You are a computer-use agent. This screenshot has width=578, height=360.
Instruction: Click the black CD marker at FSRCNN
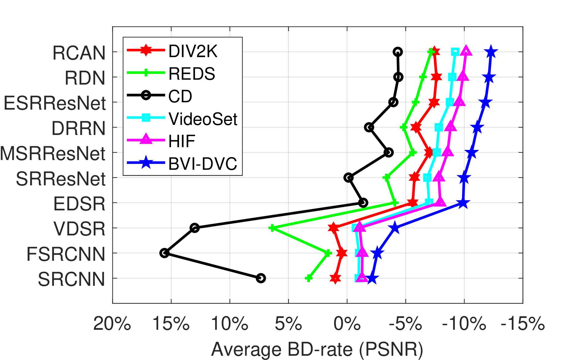pyautogui.click(x=164, y=253)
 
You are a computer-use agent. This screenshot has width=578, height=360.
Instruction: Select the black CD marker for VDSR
pyautogui.click(x=195, y=228)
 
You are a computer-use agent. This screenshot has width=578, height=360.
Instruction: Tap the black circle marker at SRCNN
pyautogui.click(x=261, y=278)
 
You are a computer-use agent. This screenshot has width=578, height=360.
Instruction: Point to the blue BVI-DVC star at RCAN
pyautogui.click(x=491, y=52)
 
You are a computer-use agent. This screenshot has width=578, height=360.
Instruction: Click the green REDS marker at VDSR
pyautogui.click(x=272, y=228)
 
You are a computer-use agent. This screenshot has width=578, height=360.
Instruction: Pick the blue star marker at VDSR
pyautogui.click(x=395, y=228)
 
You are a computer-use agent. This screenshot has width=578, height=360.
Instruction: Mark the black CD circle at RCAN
pyautogui.click(x=398, y=52)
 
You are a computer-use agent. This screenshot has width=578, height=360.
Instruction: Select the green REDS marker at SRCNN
pyautogui.click(x=309, y=278)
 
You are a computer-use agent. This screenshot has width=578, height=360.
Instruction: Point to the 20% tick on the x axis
pyautogui.click(x=112, y=323)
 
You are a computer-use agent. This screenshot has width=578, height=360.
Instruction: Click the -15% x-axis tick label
pyautogui.click(x=523, y=323)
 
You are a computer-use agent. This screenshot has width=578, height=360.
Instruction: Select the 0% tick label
pyautogui.click(x=347, y=323)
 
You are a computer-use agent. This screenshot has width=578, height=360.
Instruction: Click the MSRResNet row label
pyautogui.click(x=53, y=153)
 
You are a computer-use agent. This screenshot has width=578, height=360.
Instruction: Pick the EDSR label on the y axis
pyautogui.click(x=79, y=204)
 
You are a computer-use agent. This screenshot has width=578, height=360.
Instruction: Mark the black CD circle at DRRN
pyautogui.click(x=369, y=127)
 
